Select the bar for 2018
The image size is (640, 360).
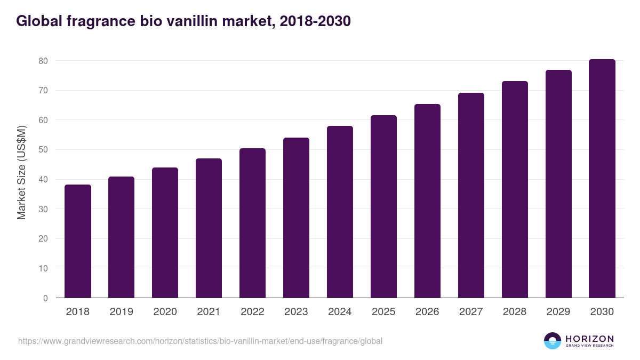click(78, 241)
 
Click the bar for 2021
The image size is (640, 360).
click(209, 228)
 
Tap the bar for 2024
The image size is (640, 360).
click(340, 212)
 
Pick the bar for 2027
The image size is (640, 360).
click(471, 195)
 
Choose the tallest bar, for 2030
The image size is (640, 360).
click(602, 179)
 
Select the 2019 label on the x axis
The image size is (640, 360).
click(122, 312)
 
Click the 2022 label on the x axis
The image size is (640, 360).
click(252, 312)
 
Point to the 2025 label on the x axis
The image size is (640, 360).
click(383, 312)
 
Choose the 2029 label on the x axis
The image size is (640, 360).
click(558, 312)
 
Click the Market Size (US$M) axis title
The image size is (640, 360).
click(21, 172)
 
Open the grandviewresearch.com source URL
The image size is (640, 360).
click(200, 341)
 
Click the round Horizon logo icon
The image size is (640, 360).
click(553, 341)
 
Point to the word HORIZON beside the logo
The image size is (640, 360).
click(589, 339)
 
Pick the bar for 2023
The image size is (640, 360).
click(296, 218)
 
